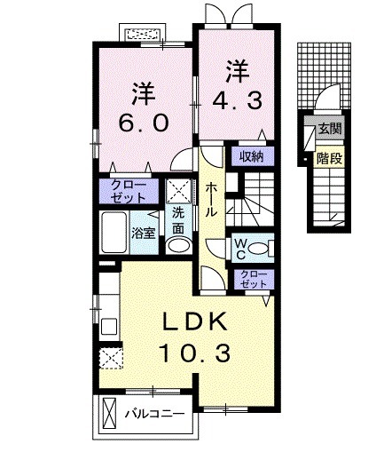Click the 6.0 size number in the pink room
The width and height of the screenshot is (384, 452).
143,123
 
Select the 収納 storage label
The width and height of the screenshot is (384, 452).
251,156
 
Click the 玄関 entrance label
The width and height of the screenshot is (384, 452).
331,130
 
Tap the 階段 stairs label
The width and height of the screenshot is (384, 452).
331,159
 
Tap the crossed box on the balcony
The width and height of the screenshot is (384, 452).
111,414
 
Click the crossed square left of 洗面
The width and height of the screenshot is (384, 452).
177,189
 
